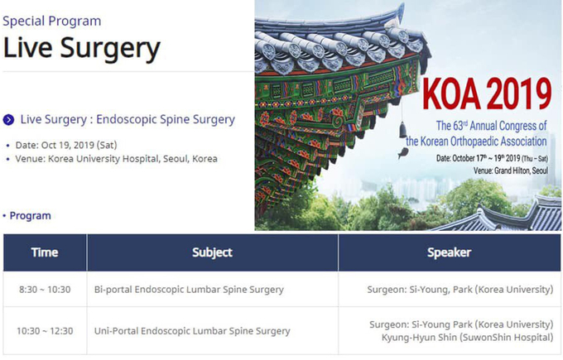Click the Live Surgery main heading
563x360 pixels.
81,48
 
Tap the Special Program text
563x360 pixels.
51,21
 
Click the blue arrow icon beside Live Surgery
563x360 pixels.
8,119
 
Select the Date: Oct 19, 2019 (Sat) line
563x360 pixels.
66,145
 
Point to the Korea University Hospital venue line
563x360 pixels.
117,159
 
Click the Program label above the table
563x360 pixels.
30,216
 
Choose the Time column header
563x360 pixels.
45,252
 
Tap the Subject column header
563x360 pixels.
212,252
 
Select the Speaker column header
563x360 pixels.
450,252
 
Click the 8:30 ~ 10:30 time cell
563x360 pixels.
45,290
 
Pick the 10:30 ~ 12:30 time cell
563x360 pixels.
45,330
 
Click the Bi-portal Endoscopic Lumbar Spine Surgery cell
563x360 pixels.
189,290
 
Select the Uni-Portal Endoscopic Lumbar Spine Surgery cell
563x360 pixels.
192,330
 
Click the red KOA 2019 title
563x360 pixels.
487,94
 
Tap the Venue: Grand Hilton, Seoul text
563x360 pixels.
511,170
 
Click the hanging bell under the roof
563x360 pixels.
403,129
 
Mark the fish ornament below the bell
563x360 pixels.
403,153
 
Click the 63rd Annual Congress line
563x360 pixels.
491,126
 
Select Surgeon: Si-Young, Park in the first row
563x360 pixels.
420,290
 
